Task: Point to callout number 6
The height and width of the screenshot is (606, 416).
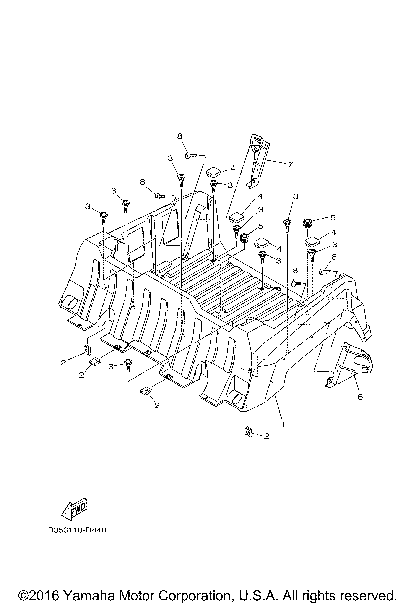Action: (360, 397)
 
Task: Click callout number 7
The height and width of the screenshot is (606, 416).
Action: (290, 165)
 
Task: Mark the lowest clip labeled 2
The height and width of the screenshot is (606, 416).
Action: (249, 432)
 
